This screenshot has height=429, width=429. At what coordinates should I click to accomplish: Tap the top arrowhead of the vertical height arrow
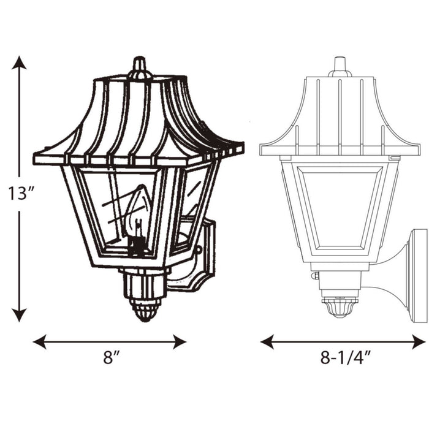[x=20, y=63]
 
